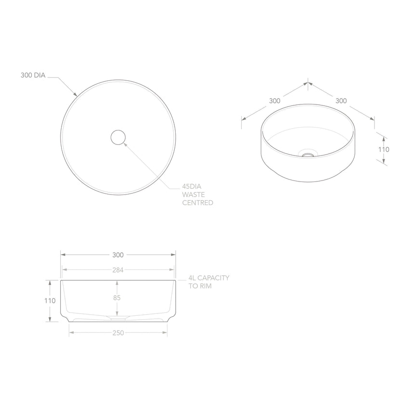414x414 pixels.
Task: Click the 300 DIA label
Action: click(x=33, y=75)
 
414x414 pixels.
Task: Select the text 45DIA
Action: click(x=192, y=186)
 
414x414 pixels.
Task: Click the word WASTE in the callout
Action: click(x=194, y=194)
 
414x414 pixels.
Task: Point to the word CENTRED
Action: click(x=197, y=203)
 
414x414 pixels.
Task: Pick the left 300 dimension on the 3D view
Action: click(x=274, y=101)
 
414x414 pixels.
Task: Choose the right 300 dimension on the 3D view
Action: click(x=341, y=101)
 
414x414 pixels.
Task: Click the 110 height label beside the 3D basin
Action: click(x=384, y=149)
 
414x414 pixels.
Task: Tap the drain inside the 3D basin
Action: click(x=308, y=155)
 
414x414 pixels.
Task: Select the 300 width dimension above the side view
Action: click(x=118, y=255)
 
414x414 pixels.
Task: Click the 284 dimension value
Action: click(x=118, y=270)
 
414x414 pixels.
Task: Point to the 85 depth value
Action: click(x=117, y=298)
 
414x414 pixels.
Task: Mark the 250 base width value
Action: click(x=118, y=333)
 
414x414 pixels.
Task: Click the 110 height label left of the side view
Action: click(x=50, y=300)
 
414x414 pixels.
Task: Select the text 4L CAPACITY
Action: click(x=208, y=278)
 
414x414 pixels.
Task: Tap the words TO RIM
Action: click(x=200, y=286)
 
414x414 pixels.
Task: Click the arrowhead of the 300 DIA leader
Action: click(x=76, y=94)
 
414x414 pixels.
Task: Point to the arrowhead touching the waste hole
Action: click(x=124, y=143)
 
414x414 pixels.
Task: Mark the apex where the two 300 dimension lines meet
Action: click(x=308, y=83)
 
